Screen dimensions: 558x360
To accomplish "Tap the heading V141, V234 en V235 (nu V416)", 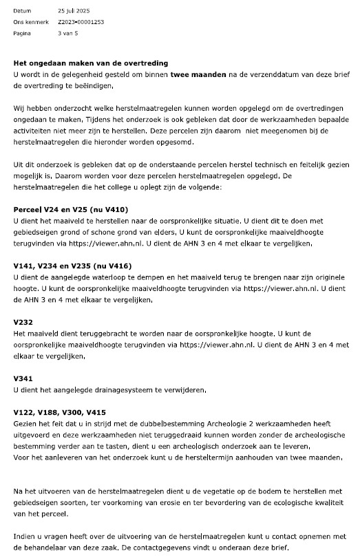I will point(82,266).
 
